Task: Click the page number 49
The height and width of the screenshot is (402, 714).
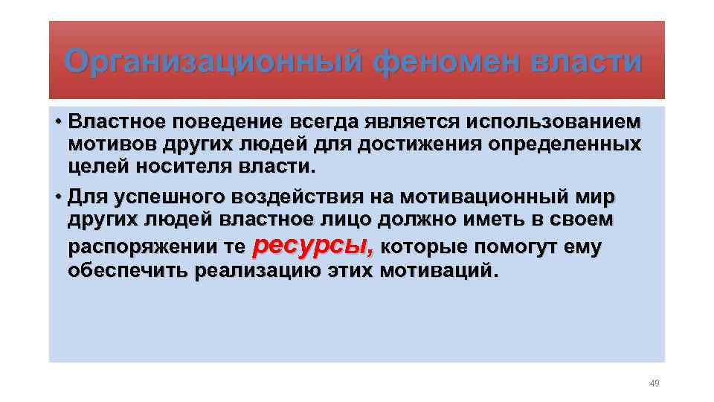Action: (x=654, y=383)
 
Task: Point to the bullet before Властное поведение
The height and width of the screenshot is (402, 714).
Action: (x=57, y=121)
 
